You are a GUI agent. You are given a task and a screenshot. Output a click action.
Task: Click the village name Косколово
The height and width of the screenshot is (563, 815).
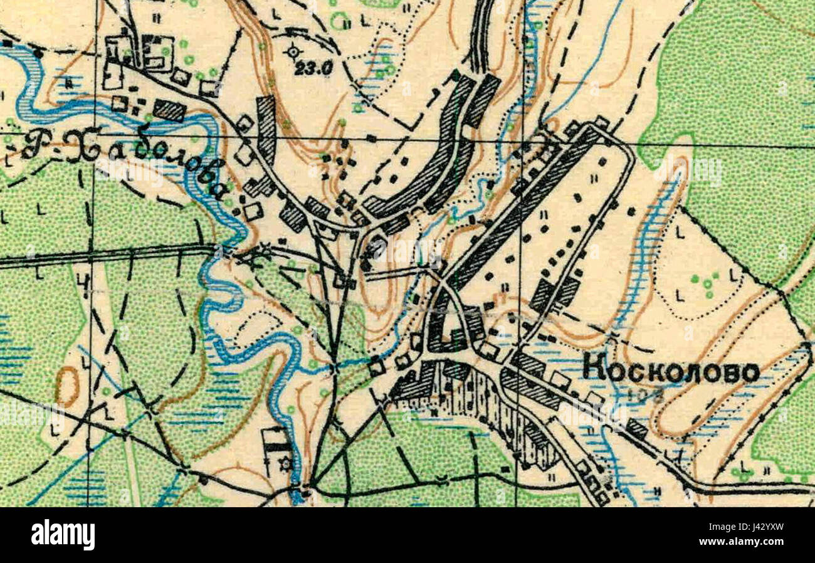(x=671, y=371)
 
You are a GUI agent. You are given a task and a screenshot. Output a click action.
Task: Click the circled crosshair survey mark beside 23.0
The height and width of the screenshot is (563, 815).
(x=293, y=52)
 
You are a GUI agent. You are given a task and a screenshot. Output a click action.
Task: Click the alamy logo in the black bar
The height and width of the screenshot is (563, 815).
(x=63, y=535)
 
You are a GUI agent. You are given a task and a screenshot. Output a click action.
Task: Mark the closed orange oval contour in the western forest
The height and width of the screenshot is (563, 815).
(x=66, y=386)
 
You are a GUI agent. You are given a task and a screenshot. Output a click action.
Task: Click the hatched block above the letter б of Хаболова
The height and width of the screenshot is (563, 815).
(x=169, y=111)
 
